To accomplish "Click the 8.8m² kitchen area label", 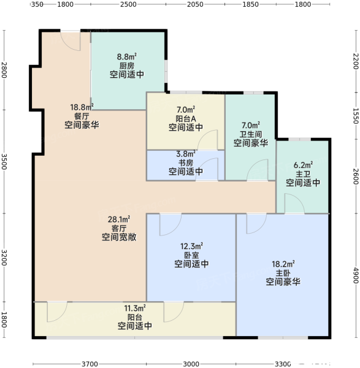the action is [127, 56].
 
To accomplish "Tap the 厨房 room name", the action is [127, 66].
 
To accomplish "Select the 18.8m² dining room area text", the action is [82, 107].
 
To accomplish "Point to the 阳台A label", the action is [186, 118].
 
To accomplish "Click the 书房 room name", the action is [186, 163].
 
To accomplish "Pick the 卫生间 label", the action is [251, 134].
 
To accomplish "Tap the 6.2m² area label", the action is [303, 165].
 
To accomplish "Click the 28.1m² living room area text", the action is [119, 220].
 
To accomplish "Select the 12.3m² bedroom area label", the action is [191, 246].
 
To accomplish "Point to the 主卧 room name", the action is [283, 273].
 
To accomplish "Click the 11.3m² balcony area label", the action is [135, 308].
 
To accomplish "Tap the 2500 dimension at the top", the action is [128, 4].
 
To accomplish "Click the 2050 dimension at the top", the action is [195, 4].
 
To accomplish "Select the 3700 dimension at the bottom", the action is [90, 364].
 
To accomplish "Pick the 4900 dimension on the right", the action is [356, 275].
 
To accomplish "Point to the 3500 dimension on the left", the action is [4, 161].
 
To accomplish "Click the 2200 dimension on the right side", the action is [356, 61].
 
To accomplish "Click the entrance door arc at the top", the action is [71, 41].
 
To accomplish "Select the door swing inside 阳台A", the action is [208, 140].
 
